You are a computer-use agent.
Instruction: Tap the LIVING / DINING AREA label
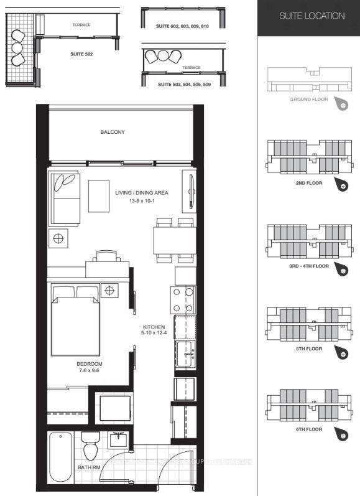coord(141,193)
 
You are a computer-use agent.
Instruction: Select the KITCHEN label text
coord(154,327)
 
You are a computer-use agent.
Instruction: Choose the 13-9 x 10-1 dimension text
coord(141,201)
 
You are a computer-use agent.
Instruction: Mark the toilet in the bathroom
coord(91,445)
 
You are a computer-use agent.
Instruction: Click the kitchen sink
coord(185,354)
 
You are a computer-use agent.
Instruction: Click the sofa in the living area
coord(65,198)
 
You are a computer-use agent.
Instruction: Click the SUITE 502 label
coord(81,54)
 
